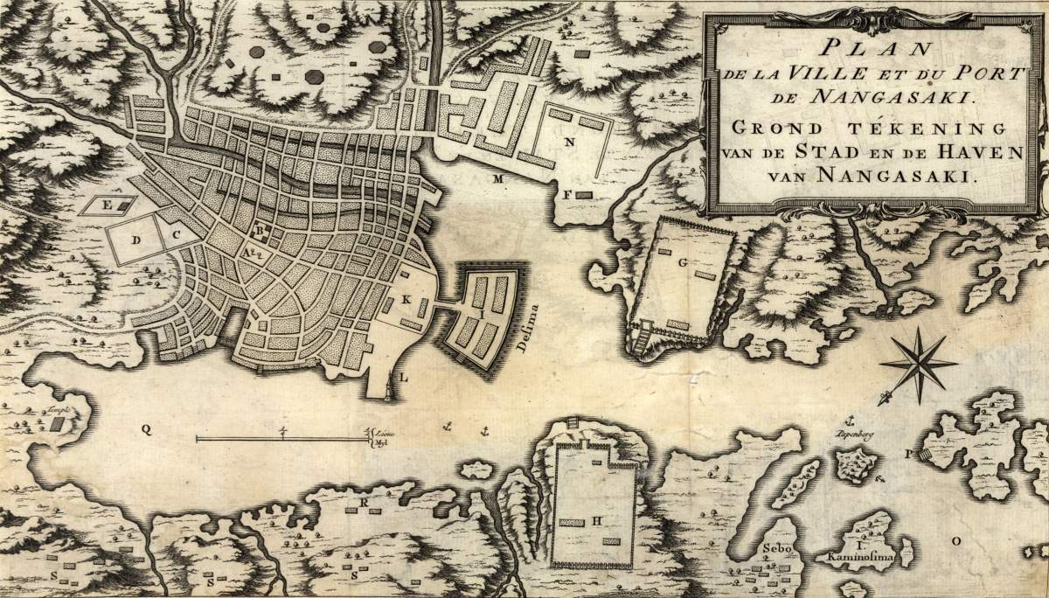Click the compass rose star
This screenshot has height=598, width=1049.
pos(918,362)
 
